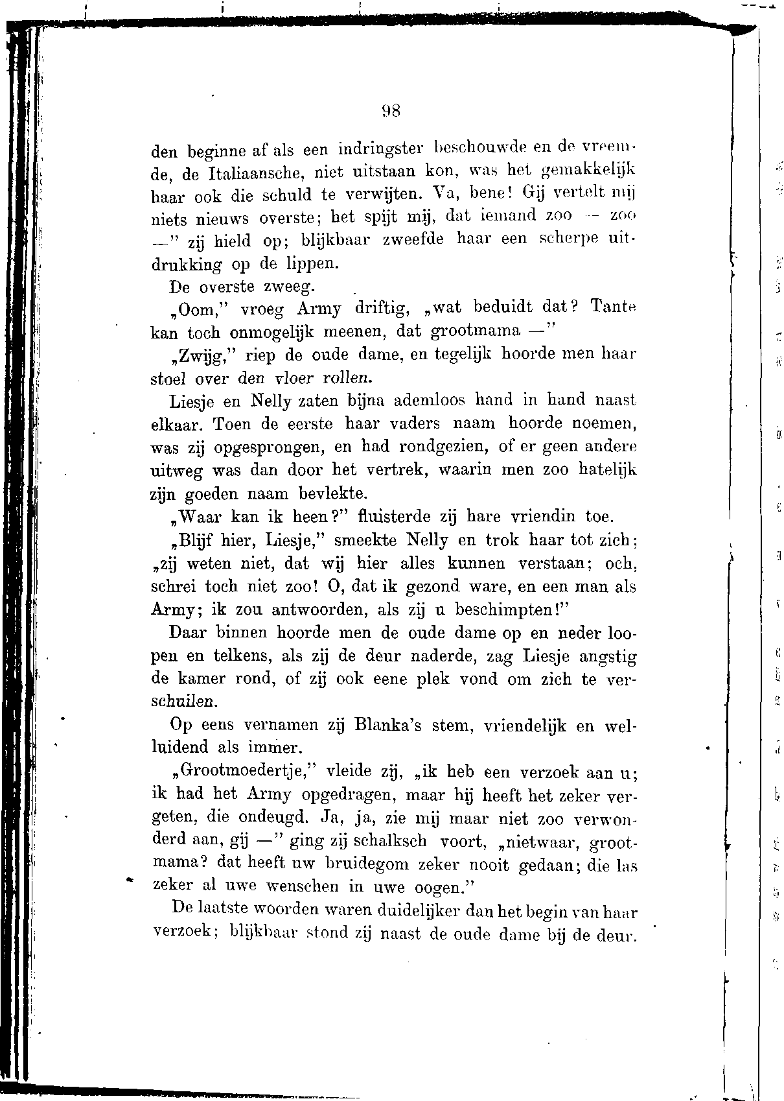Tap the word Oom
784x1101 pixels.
pyautogui.click(x=192, y=309)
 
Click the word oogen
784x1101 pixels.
pyautogui.click(x=439, y=888)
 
